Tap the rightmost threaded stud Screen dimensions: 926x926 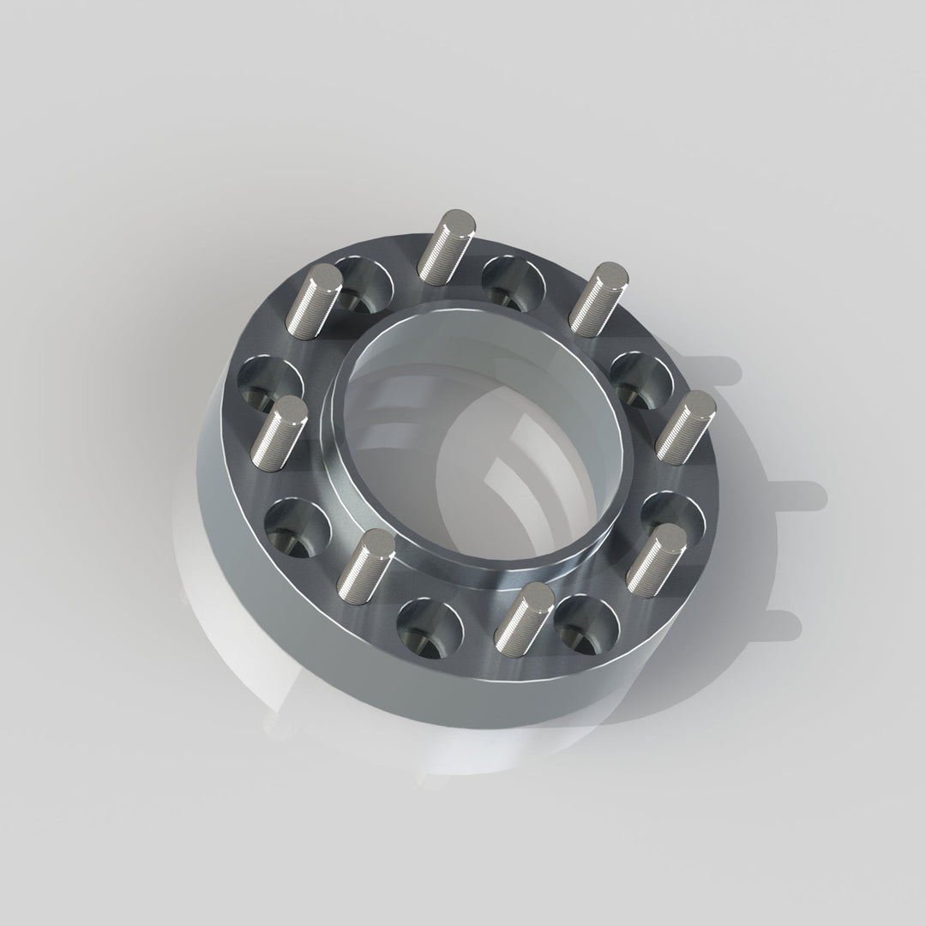point(686,424)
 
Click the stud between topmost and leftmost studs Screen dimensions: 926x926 point(315,300)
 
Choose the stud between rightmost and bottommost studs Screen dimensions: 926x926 point(657,558)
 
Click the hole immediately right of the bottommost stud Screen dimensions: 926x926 point(587,623)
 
